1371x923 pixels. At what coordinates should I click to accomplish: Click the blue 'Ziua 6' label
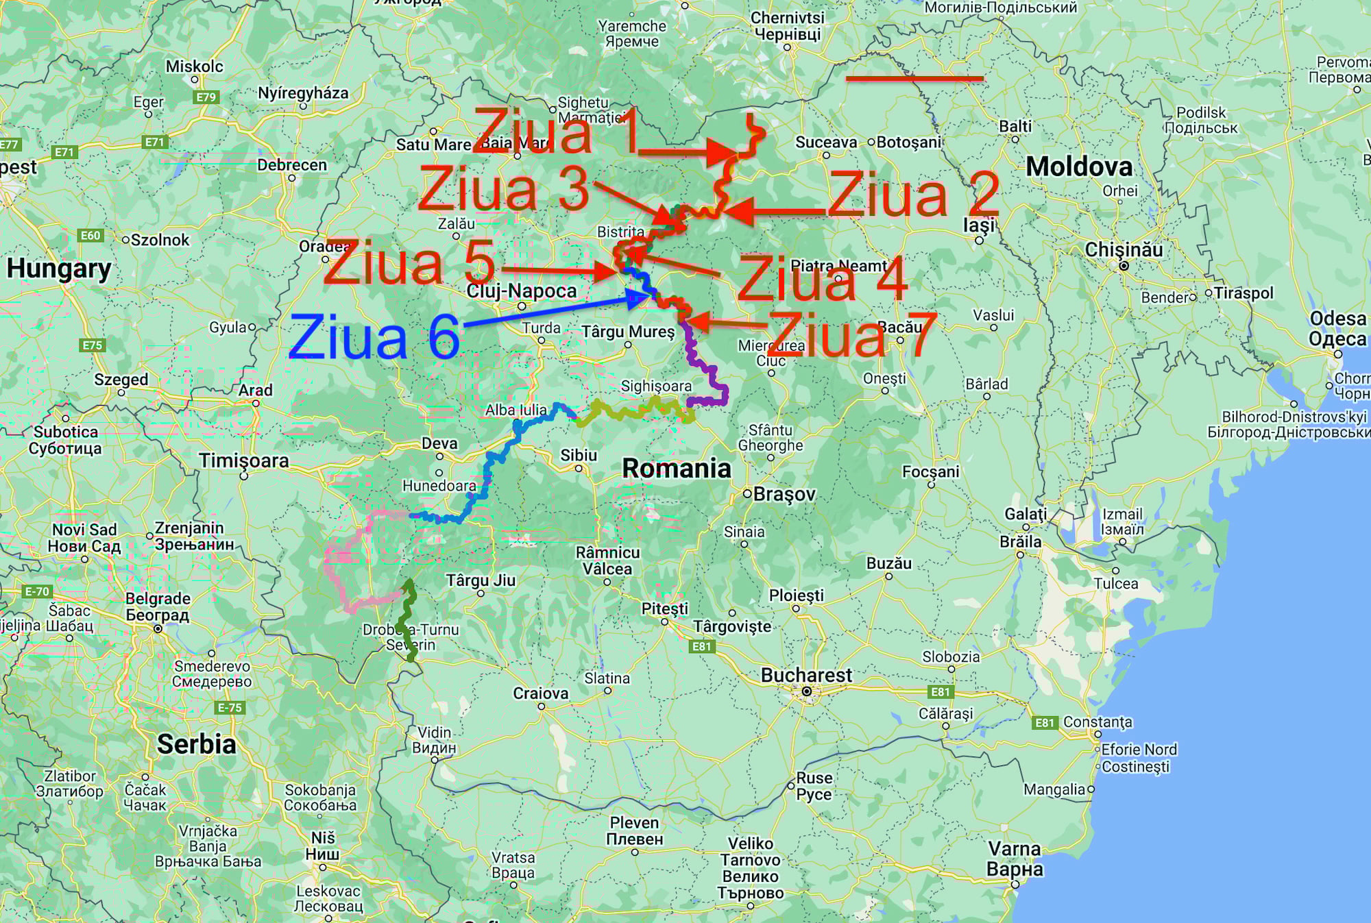coord(374,337)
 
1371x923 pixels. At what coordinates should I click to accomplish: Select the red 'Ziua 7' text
coord(851,334)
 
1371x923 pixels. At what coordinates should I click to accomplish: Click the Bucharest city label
coord(806,676)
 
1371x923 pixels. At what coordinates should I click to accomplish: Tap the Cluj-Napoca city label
coord(522,291)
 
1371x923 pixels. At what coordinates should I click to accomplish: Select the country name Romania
coord(676,469)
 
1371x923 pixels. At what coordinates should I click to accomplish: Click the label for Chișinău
coord(1124,250)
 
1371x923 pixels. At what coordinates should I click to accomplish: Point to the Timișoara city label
coord(244,460)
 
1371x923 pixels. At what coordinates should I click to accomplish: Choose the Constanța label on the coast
coord(1097,722)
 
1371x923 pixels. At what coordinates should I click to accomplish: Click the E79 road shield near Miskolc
coord(206,97)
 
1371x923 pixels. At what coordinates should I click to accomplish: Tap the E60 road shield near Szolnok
coord(90,236)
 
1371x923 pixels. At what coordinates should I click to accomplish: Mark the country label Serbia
coord(196,744)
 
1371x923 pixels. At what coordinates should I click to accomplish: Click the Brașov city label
coord(784,494)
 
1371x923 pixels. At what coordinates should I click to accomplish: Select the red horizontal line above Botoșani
coord(914,79)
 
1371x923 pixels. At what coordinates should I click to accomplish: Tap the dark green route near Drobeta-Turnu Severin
coord(408,620)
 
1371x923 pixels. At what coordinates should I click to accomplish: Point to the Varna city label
coord(1015,859)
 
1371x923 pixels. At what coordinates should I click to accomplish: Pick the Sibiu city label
coord(579,456)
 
